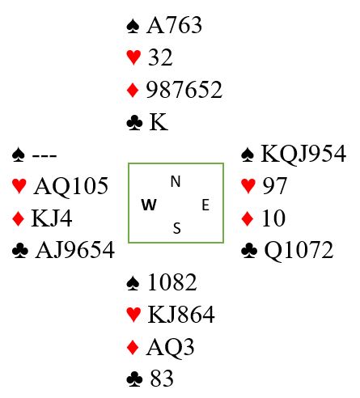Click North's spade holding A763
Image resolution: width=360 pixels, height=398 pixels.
tap(174, 25)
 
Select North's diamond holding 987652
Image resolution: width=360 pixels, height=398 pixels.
tap(184, 90)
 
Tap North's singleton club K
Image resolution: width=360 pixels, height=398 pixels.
tap(159, 122)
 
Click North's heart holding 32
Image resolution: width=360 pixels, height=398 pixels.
tap(160, 57)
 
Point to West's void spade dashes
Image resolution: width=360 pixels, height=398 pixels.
tap(44, 155)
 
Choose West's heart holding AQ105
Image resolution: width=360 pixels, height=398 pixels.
tap(71, 186)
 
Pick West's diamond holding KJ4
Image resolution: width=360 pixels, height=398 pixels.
tap(52, 218)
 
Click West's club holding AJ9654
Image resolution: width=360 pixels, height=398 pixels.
tap(75, 250)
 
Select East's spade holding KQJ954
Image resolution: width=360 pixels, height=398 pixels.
tap(303, 154)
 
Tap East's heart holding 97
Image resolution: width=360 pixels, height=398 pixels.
tap(274, 186)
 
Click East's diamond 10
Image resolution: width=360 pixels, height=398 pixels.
tap(273, 218)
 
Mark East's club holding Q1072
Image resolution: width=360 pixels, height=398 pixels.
tap(299, 251)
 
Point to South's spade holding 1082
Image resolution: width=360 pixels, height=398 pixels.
tap(172, 282)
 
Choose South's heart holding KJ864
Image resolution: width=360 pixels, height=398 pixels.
tap(181, 314)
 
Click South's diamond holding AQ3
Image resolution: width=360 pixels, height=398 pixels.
tap(170, 347)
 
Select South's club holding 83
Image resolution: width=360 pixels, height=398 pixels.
tap(162, 379)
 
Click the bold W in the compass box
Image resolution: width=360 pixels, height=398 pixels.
tap(149, 205)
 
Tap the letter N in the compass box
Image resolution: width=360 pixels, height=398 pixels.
tap(176, 181)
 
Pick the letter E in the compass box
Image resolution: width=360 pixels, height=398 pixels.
tap(205, 205)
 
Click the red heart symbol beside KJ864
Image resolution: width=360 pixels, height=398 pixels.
tap(133, 315)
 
